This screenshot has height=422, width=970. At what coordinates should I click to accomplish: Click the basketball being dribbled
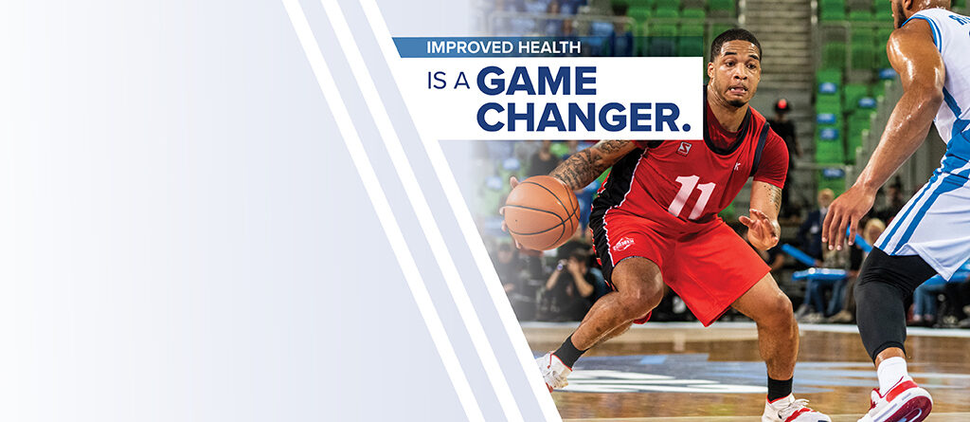click(x=542, y=212)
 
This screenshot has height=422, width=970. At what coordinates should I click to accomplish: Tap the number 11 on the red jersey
click(x=691, y=197)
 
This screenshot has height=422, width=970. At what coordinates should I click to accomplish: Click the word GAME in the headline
click(x=536, y=81)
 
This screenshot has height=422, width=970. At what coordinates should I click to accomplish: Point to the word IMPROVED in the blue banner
click(x=470, y=47)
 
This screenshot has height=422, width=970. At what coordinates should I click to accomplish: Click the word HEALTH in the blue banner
click(x=549, y=47)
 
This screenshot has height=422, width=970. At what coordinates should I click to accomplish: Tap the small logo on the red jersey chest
click(x=684, y=148)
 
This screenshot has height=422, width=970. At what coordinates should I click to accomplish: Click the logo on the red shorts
click(x=623, y=244)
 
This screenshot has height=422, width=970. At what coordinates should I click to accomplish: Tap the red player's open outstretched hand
click(x=759, y=228)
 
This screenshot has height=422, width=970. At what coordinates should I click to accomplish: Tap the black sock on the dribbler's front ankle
click(x=568, y=352)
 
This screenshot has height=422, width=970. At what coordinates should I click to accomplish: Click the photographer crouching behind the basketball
click(x=572, y=278)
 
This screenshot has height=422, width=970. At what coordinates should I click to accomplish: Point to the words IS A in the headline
click(x=448, y=82)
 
